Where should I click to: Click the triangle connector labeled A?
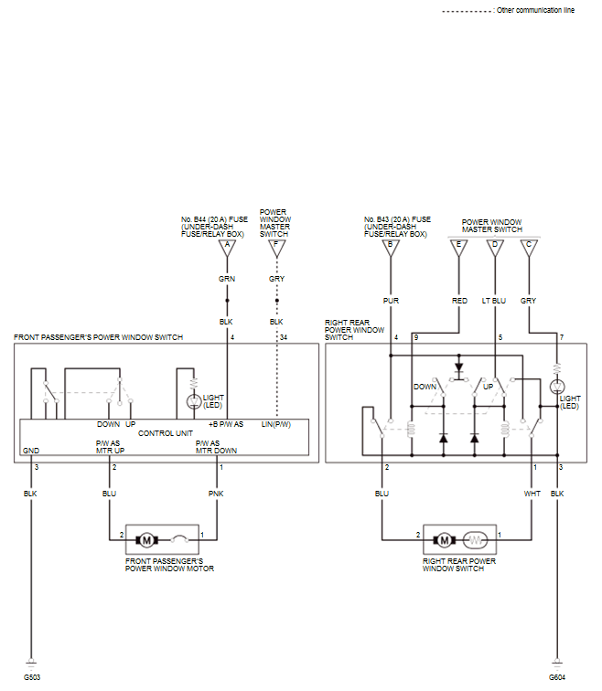[227, 248]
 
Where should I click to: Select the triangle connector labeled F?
[277, 248]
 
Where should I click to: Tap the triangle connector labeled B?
[391, 248]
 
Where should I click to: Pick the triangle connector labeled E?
[458, 248]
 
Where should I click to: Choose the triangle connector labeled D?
[495, 248]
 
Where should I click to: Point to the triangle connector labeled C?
[529, 248]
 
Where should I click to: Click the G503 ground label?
[32, 677]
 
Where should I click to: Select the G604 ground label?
[557, 677]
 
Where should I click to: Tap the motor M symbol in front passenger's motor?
[146, 540]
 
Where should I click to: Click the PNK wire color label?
[216, 494]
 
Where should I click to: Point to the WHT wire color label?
[532, 494]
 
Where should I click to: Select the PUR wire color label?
[391, 301]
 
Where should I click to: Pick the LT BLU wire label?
[494, 301]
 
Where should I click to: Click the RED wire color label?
[459, 301]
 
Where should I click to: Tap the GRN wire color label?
[227, 279]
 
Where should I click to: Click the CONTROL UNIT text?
[166, 433]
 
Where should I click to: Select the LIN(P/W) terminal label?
[276, 424]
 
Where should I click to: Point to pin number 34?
[284, 337]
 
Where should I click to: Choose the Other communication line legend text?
[535, 10]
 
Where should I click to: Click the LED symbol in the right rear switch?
[557, 387]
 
